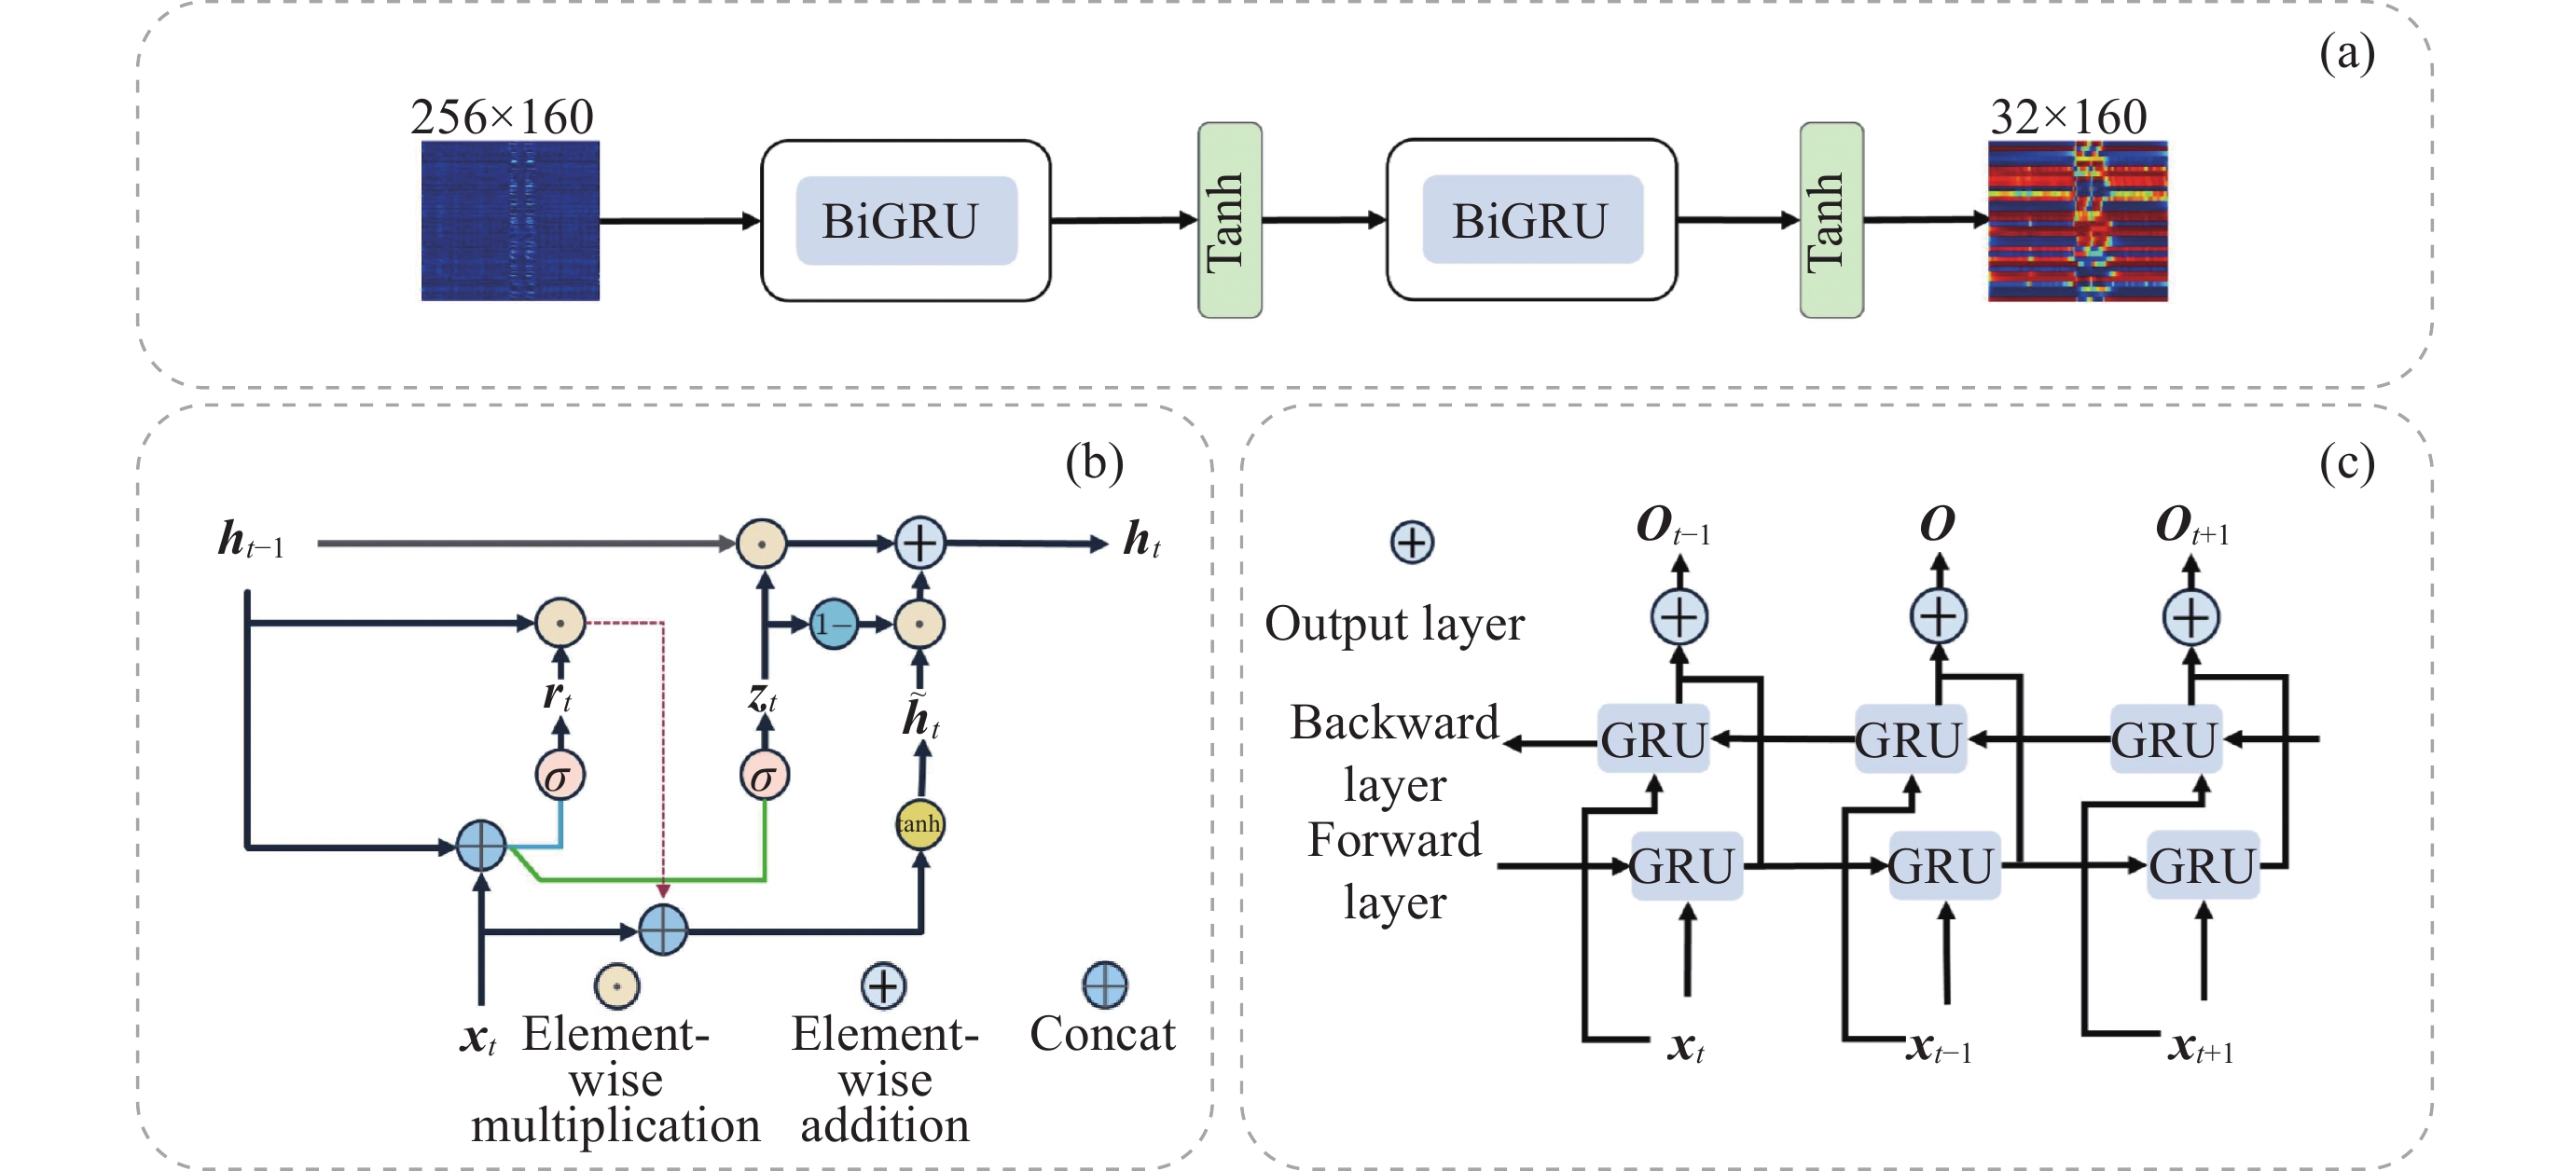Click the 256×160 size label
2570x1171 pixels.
502,117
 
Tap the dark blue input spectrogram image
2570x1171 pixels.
510,220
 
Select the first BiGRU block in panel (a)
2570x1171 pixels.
905,220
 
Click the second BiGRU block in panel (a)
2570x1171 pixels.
1530,220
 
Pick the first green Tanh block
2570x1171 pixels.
1229,220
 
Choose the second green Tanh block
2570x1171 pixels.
1831,220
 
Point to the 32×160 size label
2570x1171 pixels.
2068,117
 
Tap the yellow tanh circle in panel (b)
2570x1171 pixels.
919,824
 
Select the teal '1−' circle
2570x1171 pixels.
833,625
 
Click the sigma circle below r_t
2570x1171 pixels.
560,776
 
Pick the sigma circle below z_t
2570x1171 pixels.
765,776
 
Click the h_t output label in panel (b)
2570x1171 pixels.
1141,541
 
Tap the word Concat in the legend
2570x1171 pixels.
1102,1033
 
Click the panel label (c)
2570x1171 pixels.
2346,462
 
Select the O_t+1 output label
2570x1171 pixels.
2192,526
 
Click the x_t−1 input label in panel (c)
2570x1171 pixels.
1939,1047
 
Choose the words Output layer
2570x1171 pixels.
1394,625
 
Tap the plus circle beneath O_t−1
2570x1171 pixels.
1679,617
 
